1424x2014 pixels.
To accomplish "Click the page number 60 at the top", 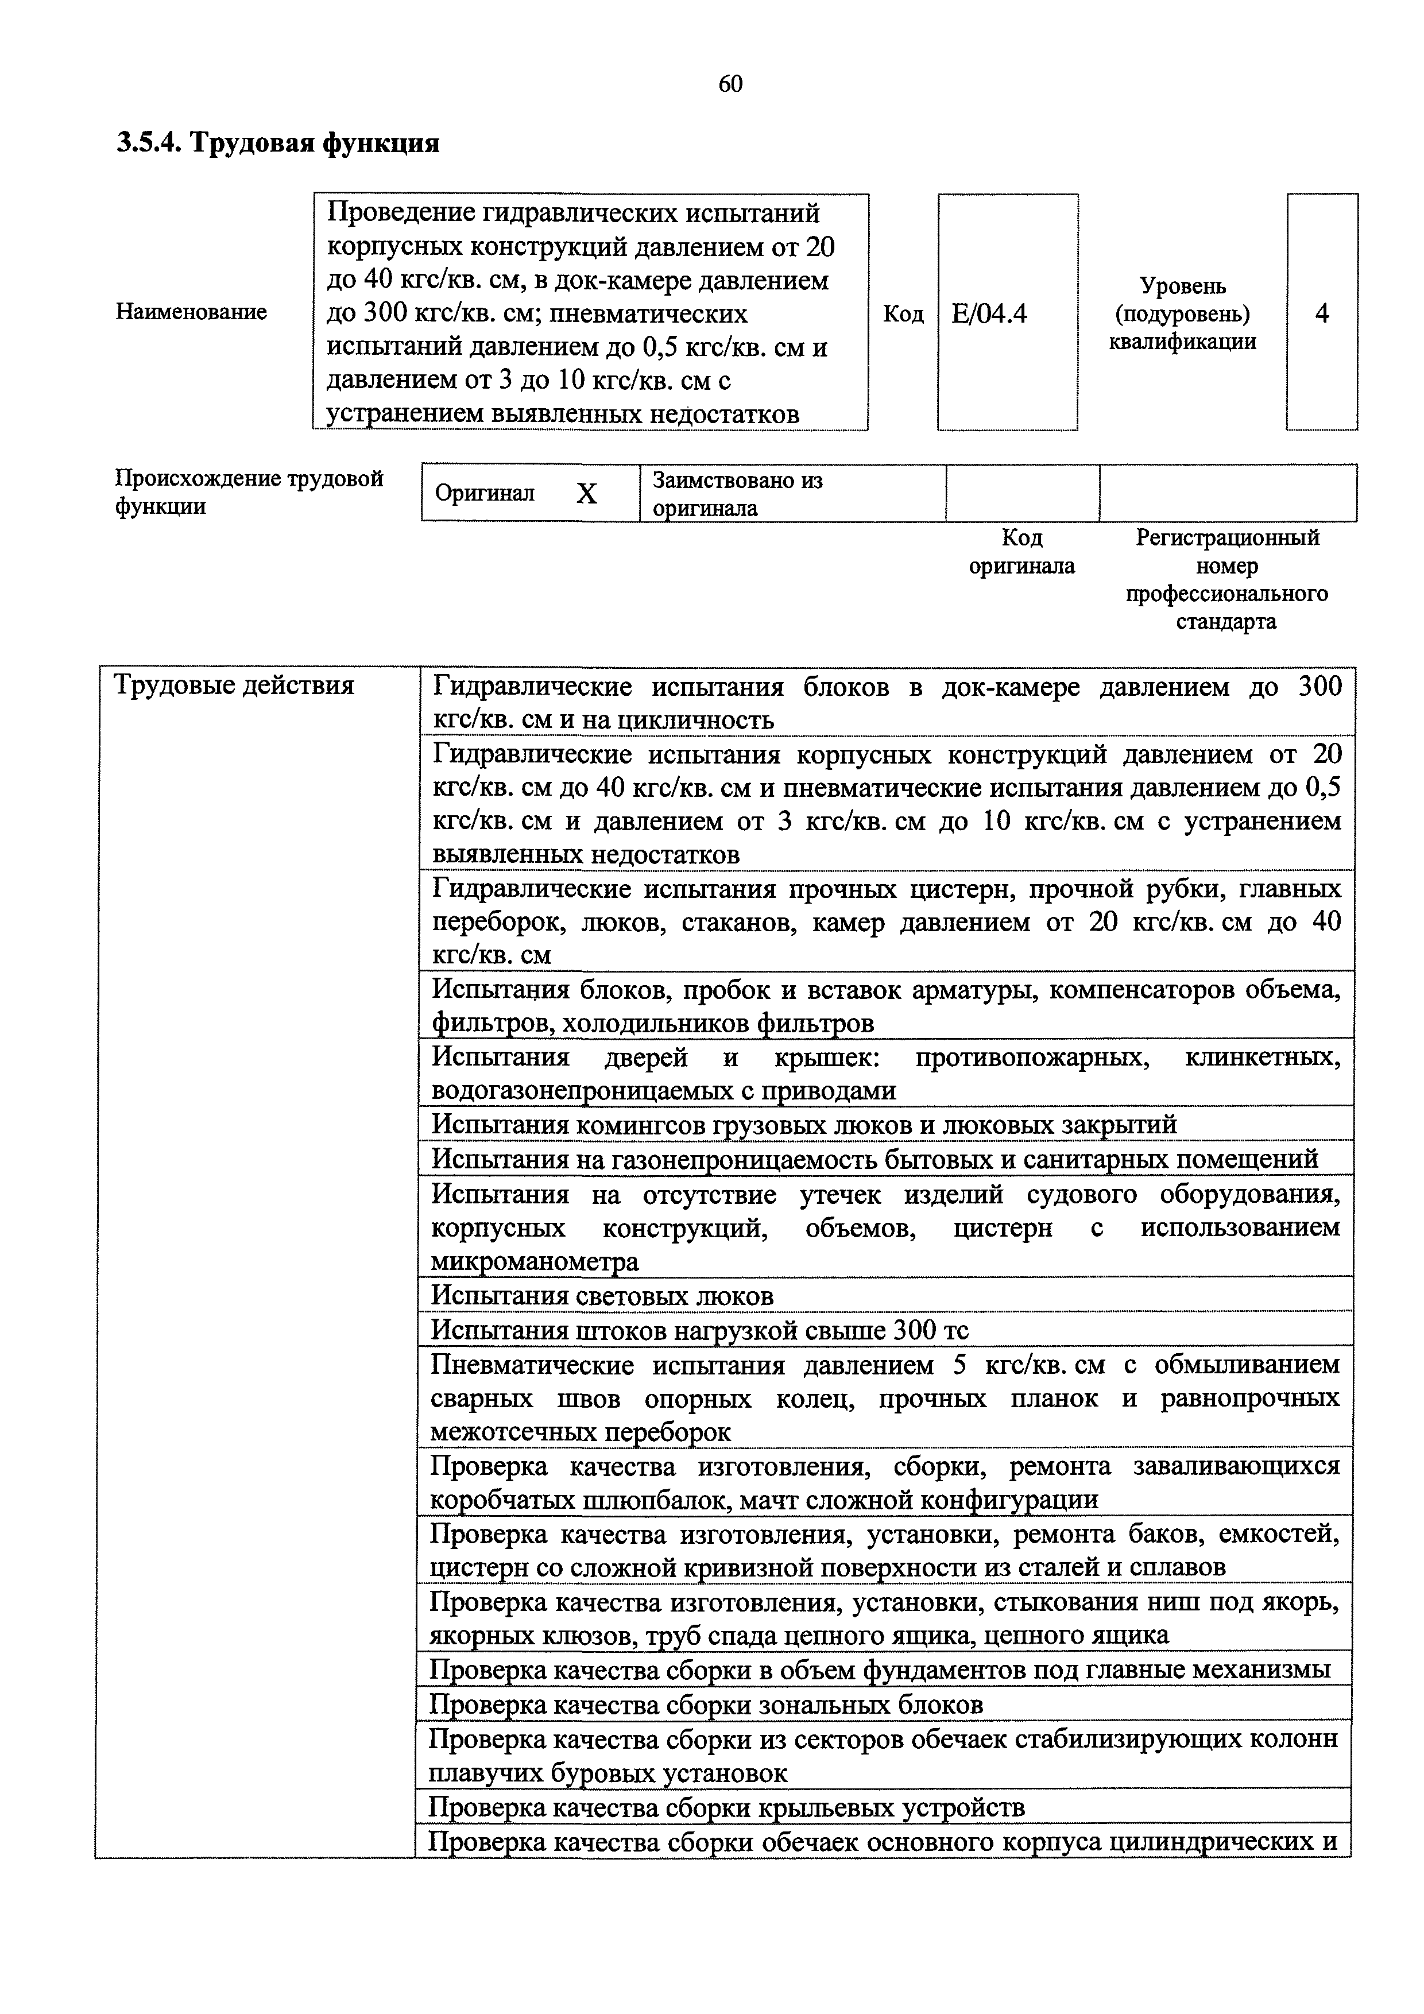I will pyautogui.click(x=730, y=83).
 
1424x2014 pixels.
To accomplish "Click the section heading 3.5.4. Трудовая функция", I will pyautogui.click(x=277, y=142).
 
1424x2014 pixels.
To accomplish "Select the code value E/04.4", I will pyautogui.click(x=988, y=313).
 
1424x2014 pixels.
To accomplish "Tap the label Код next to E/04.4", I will pyautogui.click(x=903, y=314).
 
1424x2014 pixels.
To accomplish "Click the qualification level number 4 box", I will pyautogui.click(x=1321, y=313).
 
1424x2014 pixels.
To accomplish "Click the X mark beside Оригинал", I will pyautogui.click(x=586, y=494).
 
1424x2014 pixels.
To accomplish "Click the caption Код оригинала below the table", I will pyautogui.click(x=1021, y=552).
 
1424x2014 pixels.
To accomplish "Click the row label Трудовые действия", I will pyautogui.click(x=234, y=685).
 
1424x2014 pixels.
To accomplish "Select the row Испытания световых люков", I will pyautogui.click(x=603, y=1296).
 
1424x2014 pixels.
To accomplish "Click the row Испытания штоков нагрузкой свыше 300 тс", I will pyautogui.click(x=699, y=1331).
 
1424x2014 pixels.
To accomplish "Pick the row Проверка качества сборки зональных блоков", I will pyautogui.click(x=706, y=1705).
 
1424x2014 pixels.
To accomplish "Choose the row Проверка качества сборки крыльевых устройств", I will pyautogui.click(x=726, y=1807).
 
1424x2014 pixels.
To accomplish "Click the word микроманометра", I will pyautogui.click(x=535, y=1261).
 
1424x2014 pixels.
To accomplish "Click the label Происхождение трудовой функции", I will pyautogui.click(x=249, y=492).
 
